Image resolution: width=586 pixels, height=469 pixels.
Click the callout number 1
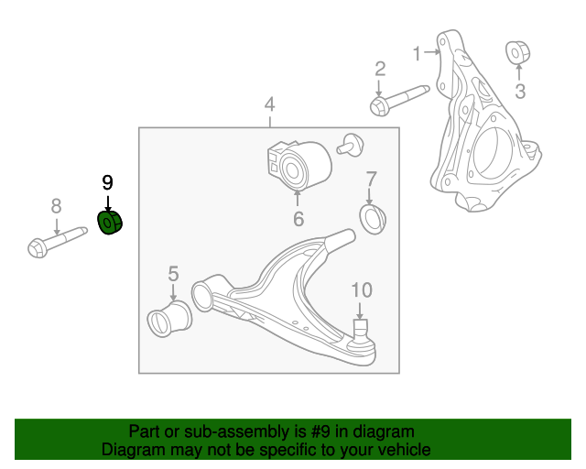click(417, 53)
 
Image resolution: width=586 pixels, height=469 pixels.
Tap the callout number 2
click(379, 69)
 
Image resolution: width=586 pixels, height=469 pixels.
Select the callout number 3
click(520, 90)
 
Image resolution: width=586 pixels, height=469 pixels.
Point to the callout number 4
click(269, 104)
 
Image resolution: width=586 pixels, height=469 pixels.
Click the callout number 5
click(173, 272)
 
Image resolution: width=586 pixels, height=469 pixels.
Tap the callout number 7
click(372, 178)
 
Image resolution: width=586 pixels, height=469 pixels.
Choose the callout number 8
click(56, 205)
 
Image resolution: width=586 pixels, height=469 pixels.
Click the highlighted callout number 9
click(107, 181)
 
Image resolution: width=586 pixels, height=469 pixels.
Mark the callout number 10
click(362, 289)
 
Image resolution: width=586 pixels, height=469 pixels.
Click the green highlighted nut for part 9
click(111, 223)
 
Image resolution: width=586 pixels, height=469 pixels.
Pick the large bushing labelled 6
click(298, 164)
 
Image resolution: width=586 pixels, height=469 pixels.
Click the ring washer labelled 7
click(374, 220)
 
